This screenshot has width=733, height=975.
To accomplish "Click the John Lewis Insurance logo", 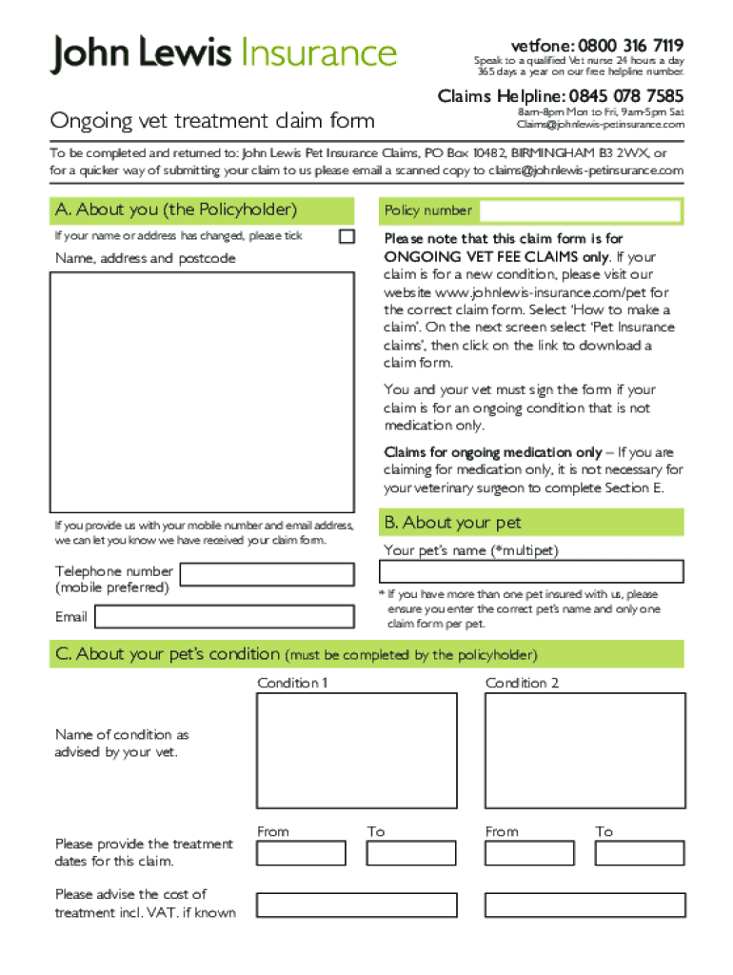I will coord(223,53).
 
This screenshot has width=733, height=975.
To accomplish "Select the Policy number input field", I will coord(581,210).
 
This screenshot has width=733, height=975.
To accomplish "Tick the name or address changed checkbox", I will coord(347,236).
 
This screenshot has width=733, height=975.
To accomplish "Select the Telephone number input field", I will coord(267,574).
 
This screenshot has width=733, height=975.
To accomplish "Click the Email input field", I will coord(225,617).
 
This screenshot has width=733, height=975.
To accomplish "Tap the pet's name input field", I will coord(531,571).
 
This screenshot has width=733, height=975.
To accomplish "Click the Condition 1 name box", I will coord(356,750).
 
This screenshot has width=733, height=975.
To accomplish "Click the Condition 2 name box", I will coord(584,750).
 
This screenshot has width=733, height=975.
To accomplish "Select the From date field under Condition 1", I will coord(301,853).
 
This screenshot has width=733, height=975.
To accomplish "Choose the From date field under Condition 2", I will coord(529,853).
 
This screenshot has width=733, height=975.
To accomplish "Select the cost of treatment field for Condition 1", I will coord(356,905).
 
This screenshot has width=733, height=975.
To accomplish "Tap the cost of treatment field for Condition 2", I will coord(584,905).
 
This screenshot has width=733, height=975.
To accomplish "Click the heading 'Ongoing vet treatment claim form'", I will coord(212,121).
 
